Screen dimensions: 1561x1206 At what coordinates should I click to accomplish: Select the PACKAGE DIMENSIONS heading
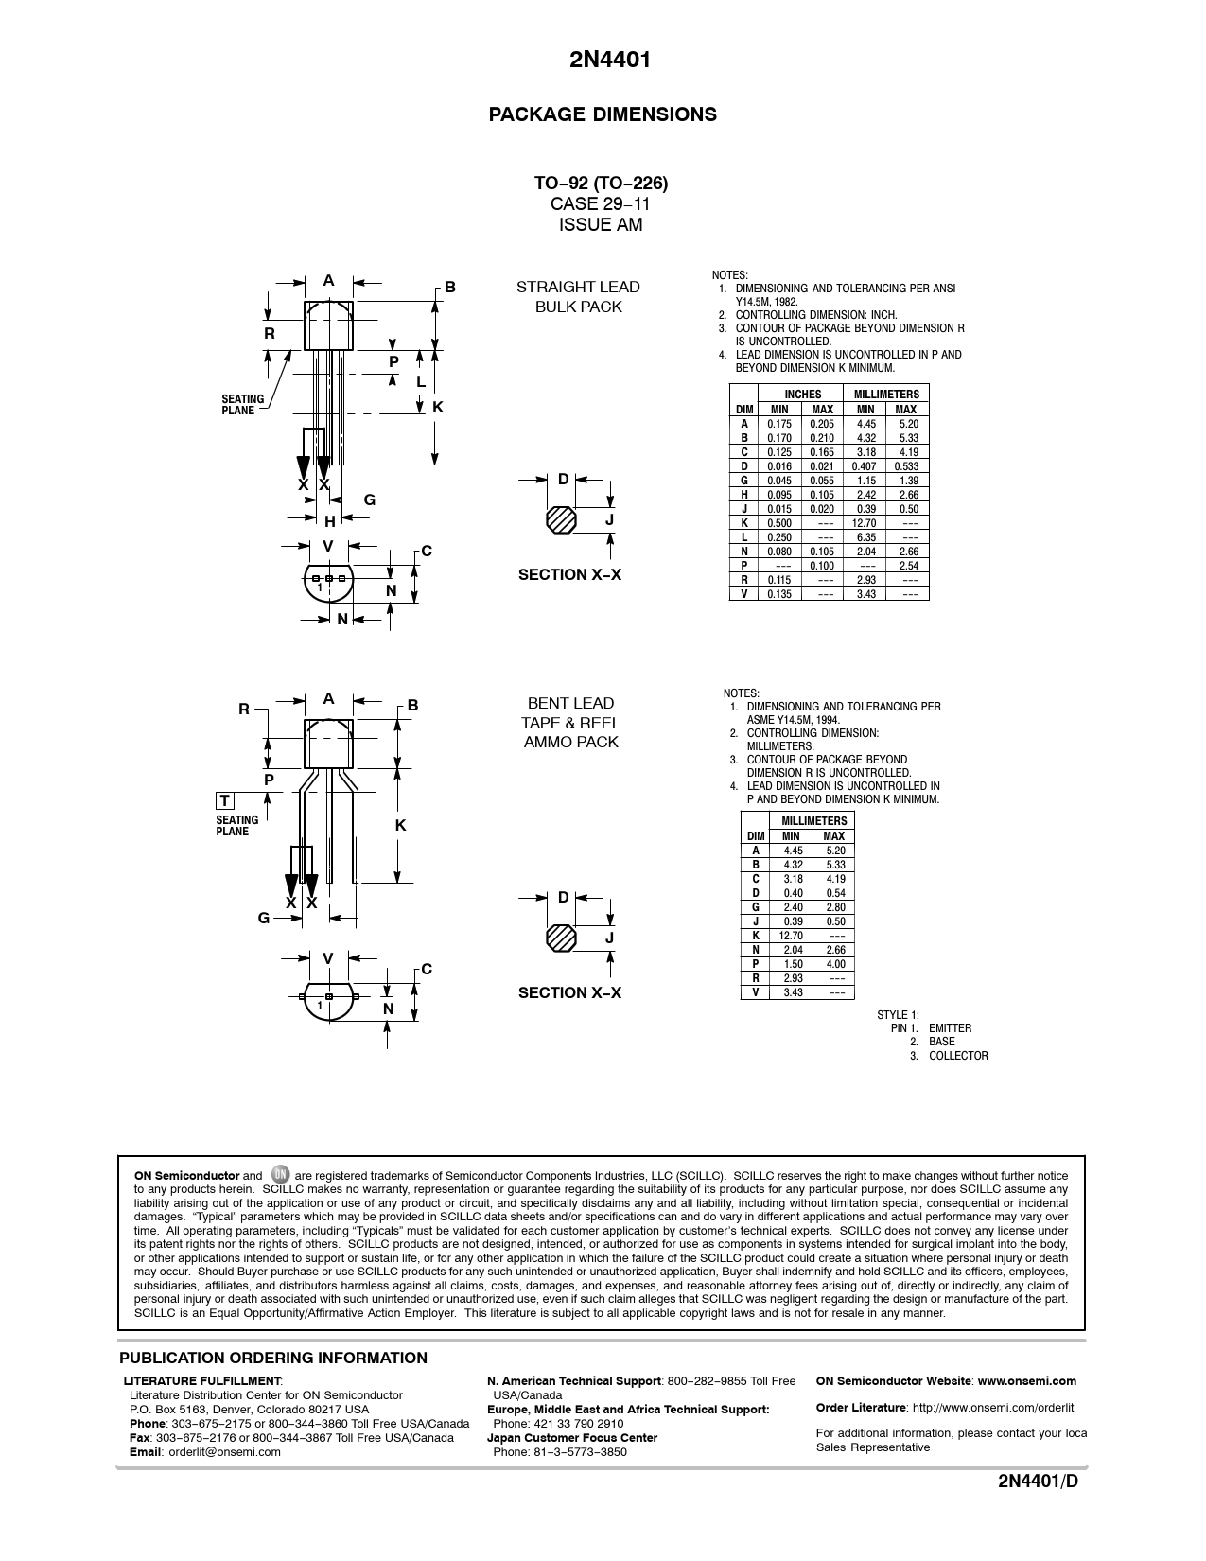coord(603,114)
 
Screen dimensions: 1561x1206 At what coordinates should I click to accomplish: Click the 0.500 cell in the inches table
coord(779,523)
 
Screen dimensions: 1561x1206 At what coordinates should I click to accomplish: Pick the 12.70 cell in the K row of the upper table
coord(865,523)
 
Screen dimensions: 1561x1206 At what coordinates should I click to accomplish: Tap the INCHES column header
coord(803,395)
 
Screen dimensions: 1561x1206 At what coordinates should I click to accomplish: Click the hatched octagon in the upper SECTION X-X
coord(561,520)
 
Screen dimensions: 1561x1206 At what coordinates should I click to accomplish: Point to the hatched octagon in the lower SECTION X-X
coord(562,938)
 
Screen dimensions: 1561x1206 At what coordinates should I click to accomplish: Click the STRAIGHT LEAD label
coord(578,287)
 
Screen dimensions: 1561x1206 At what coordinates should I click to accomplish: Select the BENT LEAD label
coord(570,703)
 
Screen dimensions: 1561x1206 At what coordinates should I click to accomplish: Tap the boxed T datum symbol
coord(225,801)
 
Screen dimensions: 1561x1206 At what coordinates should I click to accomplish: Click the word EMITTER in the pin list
coord(950,1028)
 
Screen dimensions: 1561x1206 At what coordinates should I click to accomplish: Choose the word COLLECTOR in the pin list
coord(958,1056)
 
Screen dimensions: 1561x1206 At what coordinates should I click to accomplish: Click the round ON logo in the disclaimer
coord(280,1175)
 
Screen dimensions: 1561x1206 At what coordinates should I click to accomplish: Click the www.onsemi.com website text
coord(1026,1381)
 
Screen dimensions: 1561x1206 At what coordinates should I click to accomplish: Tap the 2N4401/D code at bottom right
coord(1038,1508)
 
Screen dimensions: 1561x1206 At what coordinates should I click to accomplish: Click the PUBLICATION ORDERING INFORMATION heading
coord(273,1359)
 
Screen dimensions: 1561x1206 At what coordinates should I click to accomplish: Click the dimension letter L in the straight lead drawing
coord(421,381)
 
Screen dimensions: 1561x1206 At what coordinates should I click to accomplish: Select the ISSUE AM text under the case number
coord(601,225)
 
